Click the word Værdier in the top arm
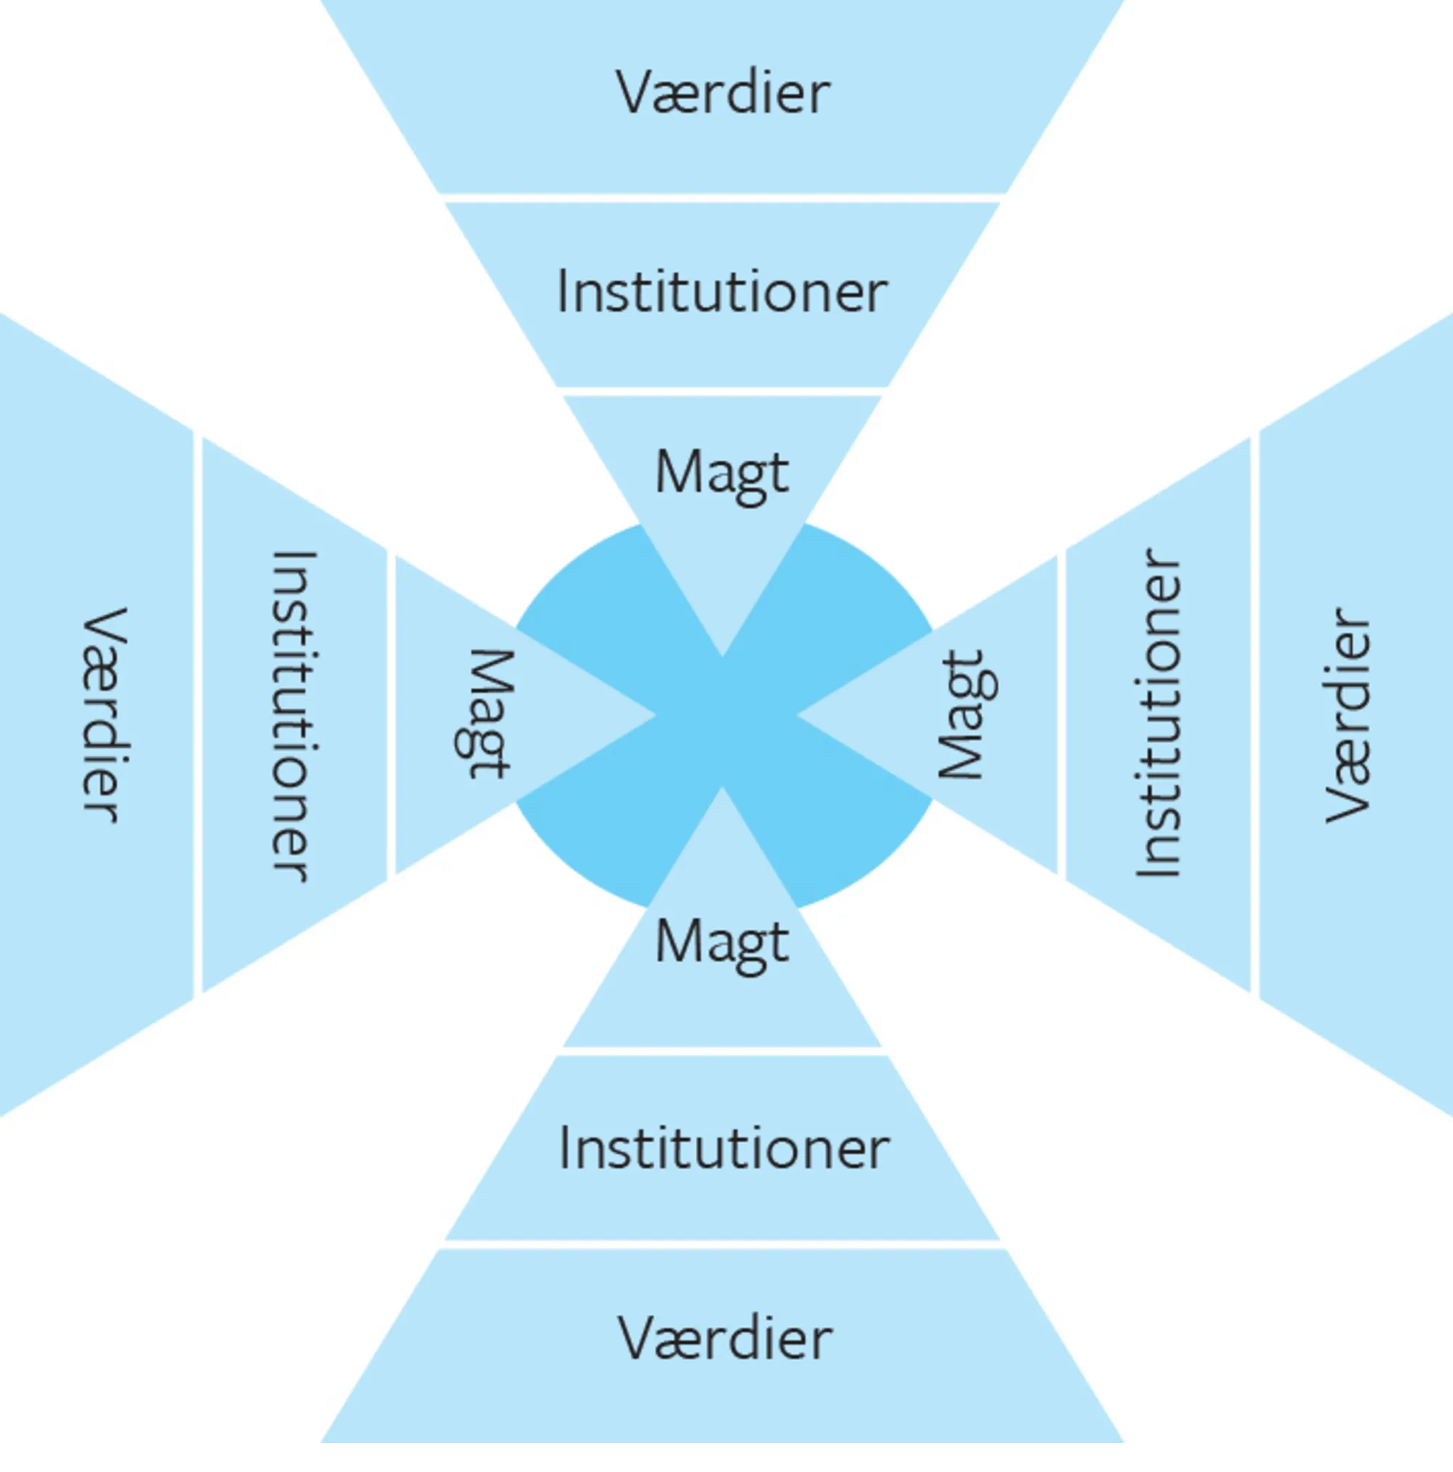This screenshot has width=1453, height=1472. [x=722, y=93]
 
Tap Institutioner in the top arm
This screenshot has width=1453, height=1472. [x=722, y=292]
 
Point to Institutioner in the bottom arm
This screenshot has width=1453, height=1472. [x=724, y=1148]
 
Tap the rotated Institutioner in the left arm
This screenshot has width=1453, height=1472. [x=293, y=716]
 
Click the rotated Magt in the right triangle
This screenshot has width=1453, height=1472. [x=966, y=714]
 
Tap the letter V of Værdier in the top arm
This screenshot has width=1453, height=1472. [x=637, y=93]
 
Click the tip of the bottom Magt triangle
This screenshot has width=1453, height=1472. [x=722, y=788]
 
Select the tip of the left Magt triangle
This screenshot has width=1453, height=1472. [x=655, y=715]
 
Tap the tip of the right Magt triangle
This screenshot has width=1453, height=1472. [x=797, y=715]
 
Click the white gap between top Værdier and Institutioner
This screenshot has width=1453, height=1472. [x=722, y=198]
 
